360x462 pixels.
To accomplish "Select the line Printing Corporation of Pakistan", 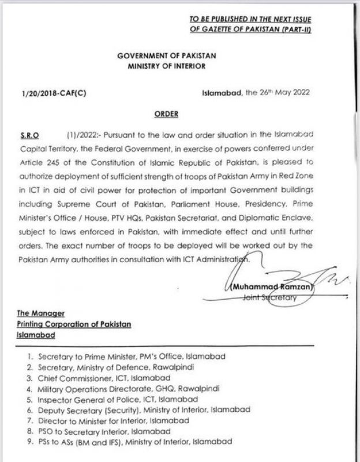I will pyautogui.click(x=74, y=325).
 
